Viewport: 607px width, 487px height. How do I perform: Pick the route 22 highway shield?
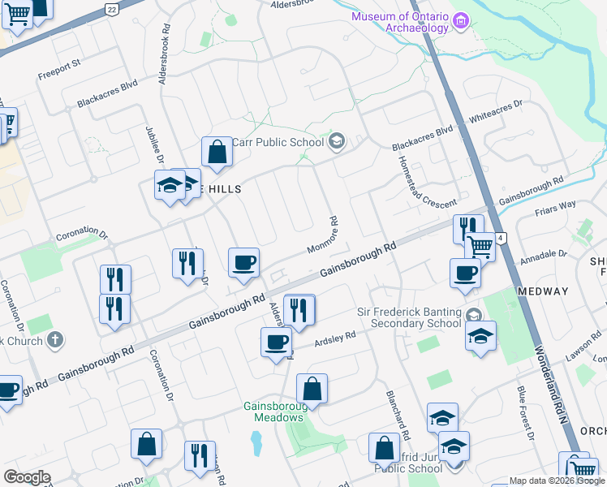pos(111,8)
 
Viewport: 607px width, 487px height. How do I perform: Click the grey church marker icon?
pos(54,338)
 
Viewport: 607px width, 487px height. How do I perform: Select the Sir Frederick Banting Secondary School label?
pos(409,318)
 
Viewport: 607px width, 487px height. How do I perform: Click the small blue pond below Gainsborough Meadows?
pos(256,442)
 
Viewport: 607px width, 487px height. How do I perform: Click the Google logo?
pos(27,477)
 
